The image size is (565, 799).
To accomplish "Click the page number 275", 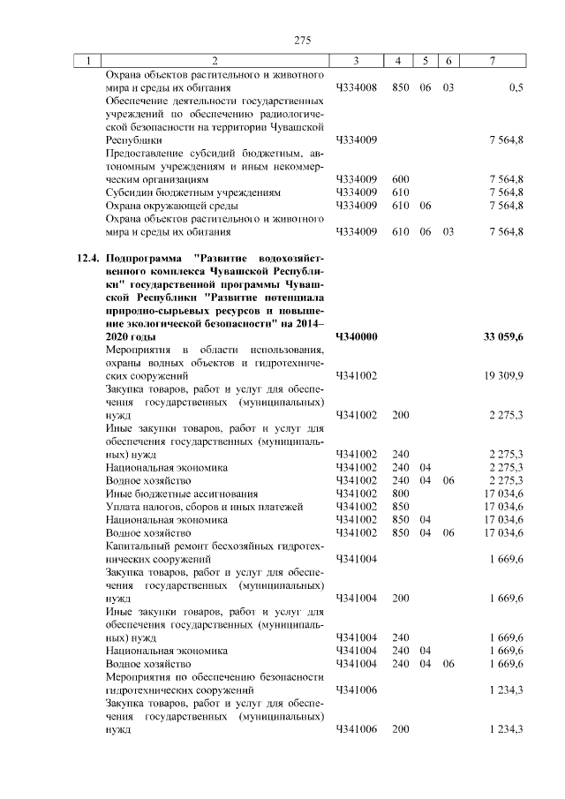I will tap(303, 40).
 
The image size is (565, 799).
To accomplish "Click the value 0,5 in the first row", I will tap(516, 87).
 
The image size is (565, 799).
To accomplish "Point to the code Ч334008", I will tap(358, 87).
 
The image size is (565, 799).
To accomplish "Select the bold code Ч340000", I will tap(358, 336).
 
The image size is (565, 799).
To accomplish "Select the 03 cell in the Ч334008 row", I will tap(448, 87).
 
